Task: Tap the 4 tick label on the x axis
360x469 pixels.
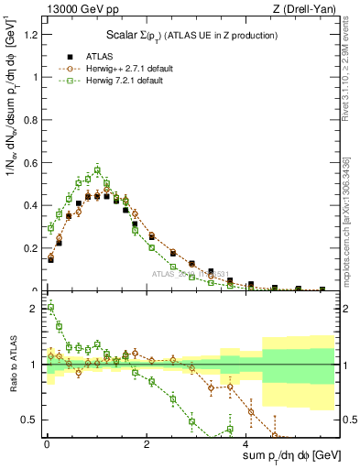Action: [x=247, y=444]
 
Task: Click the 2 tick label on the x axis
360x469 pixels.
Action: [x=147, y=444]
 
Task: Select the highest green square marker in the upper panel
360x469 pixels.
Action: [x=97, y=169]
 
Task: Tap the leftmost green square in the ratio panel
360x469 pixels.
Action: [x=50, y=308]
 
